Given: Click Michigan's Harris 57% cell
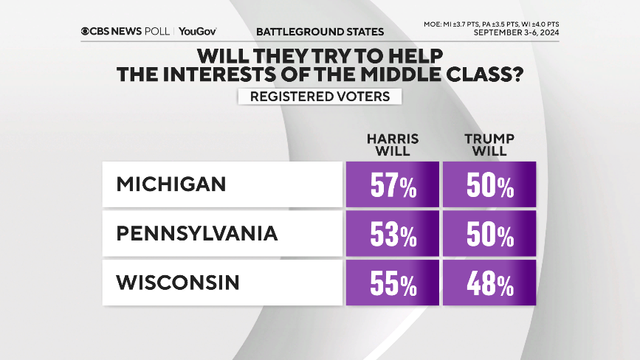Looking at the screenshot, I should click(392, 184).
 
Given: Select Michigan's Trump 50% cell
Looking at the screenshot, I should click(489, 184).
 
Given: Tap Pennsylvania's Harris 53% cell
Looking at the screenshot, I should click(392, 234).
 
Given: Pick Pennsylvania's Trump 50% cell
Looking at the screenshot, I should click(489, 234).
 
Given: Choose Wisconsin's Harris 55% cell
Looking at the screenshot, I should click(392, 283).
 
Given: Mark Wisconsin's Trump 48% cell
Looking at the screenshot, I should click(489, 283).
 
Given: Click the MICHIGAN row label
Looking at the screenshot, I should click(171, 184).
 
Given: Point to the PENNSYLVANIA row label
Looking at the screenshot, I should click(197, 234).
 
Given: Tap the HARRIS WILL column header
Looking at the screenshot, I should click(392, 145).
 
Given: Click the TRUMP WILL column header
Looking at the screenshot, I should click(489, 145).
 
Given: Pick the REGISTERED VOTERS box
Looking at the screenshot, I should click(320, 97).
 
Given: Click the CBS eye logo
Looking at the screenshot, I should click(87, 32).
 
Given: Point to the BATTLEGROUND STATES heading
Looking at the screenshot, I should click(320, 32).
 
